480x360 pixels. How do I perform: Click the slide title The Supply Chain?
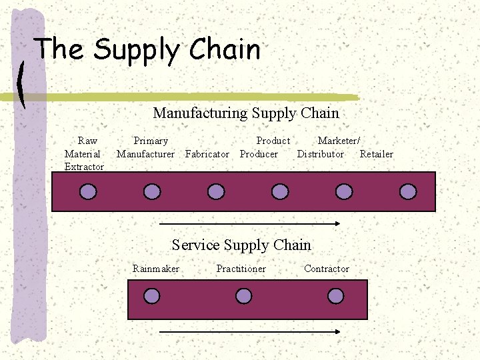[x=147, y=50]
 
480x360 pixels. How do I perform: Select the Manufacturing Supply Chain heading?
[x=246, y=113]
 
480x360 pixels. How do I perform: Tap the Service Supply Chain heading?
[x=241, y=245]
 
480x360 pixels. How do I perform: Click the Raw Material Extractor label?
[x=85, y=154]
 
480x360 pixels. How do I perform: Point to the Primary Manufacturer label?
[x=146, y=147]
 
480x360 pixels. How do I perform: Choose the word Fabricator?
[x=207, y=154]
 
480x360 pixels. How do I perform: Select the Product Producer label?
[x=265, y=147]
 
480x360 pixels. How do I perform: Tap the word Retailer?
[x=377, y=154]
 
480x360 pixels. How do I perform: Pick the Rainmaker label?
[x=156, y=269]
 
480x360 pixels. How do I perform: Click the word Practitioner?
[x=241, y=269]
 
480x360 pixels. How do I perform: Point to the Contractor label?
[x=327, y=269]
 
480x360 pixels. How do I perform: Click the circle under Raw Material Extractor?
[x=88, y=192]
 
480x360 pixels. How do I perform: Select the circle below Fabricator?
[x=216, y=192]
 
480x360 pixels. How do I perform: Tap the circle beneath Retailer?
[x=408, y=192]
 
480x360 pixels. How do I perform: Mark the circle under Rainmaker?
[x=152, y=296]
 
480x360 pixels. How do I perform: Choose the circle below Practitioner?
[x=244, y=296]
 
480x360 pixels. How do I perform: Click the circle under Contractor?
[x=336, y=296]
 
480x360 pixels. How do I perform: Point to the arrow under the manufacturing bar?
[x=250, y=224]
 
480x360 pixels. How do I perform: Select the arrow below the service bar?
[x=250, y=330]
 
